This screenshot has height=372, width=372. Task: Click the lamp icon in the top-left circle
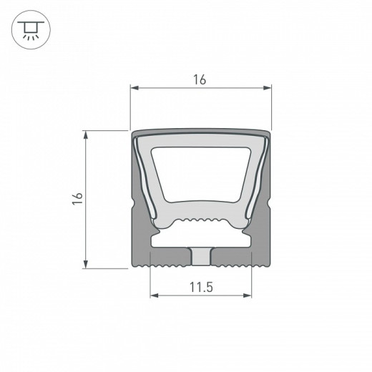(28, 29)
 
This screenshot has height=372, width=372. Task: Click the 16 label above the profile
(200, 80)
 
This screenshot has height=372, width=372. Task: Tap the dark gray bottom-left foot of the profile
(161, 259)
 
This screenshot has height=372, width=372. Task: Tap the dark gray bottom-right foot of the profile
(240, 259)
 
